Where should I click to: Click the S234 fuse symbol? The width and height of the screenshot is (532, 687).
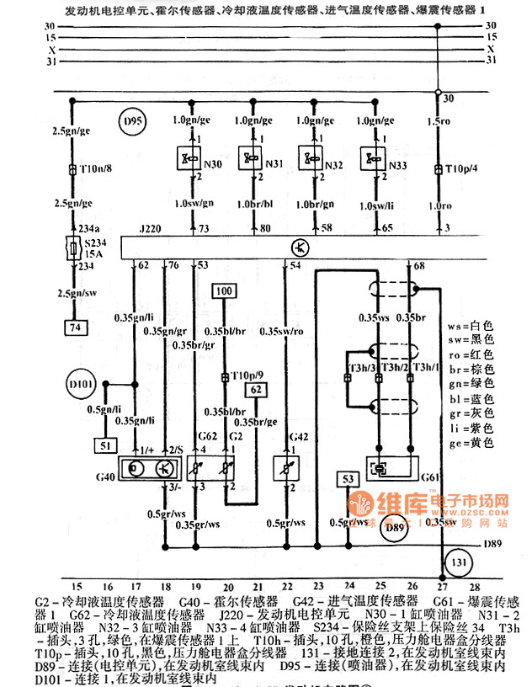click(72, 251)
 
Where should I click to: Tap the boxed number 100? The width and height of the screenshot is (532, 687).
click(223, 292)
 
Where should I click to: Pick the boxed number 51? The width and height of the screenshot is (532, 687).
click(104, 445)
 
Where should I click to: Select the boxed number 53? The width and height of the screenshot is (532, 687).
click(347, 480)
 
